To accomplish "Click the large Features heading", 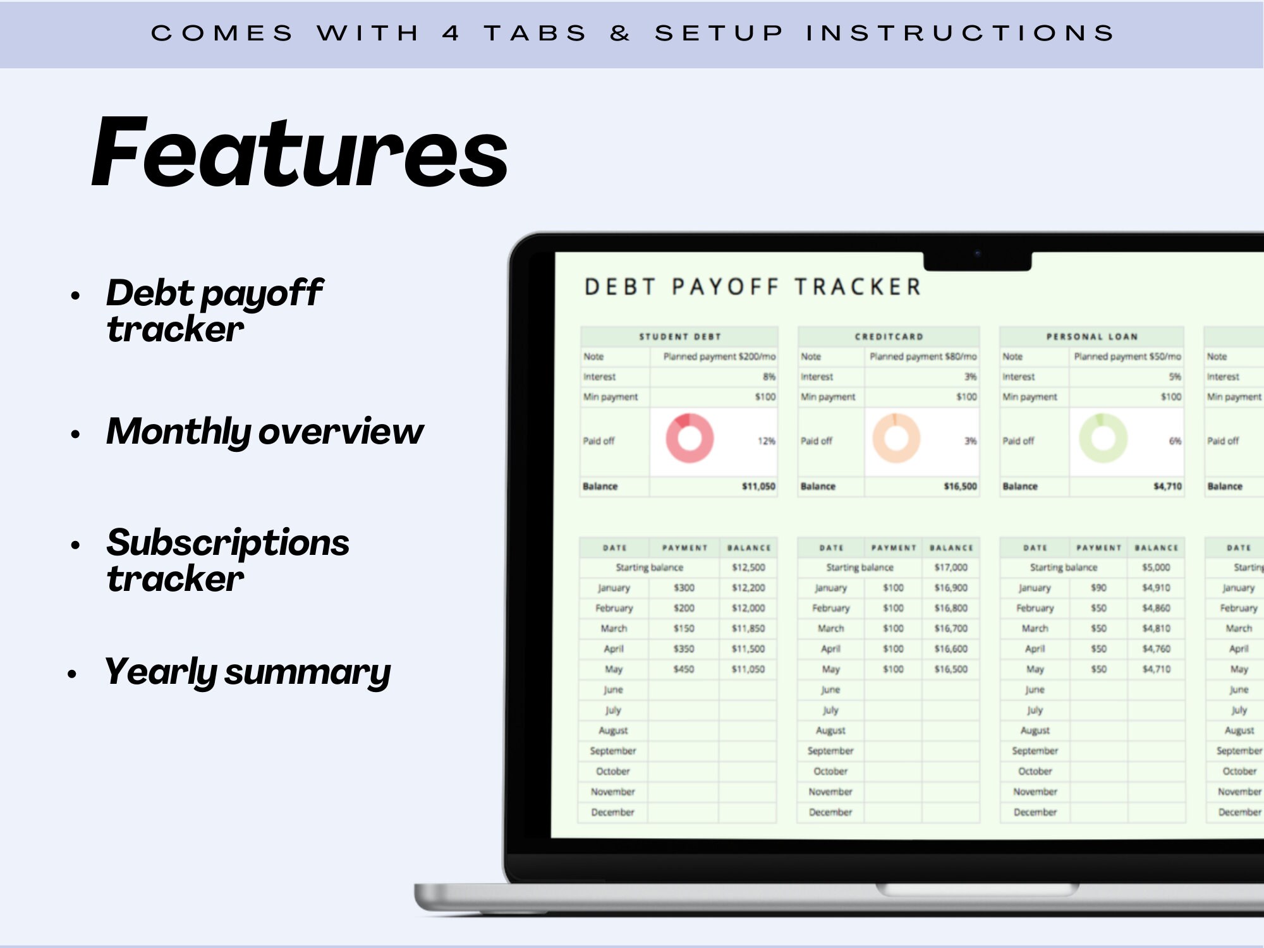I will click(300, 153).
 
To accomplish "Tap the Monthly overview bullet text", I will click(265, 432).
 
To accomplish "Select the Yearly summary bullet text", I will click(247, 672).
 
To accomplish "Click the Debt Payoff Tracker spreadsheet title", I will click(753, 287).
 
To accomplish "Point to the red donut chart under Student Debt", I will click(690, 438).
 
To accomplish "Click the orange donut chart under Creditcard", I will click(896, 438).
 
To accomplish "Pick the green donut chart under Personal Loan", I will click(1103, 438).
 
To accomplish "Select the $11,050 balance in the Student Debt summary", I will click(758, 487).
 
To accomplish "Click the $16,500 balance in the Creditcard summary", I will click(959, 487).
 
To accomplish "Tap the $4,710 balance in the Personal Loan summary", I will click(1167, 487).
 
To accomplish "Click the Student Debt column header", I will click(679, 337).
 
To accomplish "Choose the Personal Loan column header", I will click(1091, 337).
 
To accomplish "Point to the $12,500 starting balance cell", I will click(748, 568).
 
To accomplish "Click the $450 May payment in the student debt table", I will click(683, 669).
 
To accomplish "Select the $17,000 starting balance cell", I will click(951, 568).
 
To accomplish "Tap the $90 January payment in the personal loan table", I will click(1098, 588).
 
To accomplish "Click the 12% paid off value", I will click(766, 441).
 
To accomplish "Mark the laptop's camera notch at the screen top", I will click(977, 259).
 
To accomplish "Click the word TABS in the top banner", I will click(536, 33).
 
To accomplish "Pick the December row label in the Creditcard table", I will click(830, 812).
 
